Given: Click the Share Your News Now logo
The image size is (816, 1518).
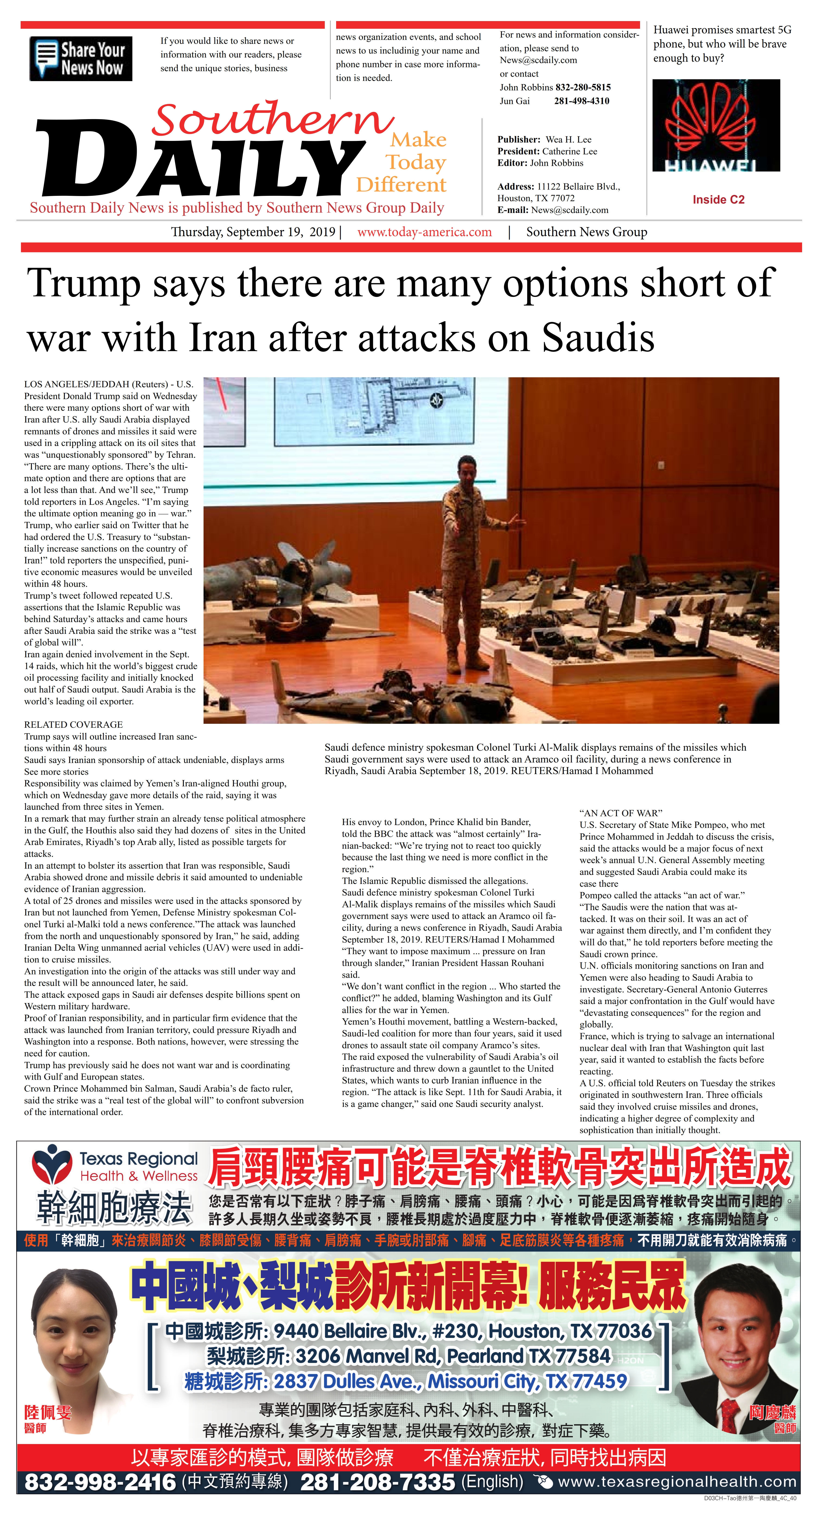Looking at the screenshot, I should pyautogui.click(x=81, y=58).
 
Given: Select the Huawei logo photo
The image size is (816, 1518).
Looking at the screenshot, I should pyautogui.click(x=716, y=126).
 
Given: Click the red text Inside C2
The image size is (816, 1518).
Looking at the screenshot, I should pyautogui.click(x=718, y=200).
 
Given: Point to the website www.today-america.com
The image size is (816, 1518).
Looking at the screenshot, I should pyautogui.click(x=424, y=232).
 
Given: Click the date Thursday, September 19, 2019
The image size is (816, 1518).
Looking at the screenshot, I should pyautogui.click(x=253, y=232).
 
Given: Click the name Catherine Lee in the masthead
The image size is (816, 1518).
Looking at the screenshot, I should pyautogui.click(x=570, y=151).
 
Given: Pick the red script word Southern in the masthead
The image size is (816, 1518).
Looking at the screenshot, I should pyautogui.click(x=271, y=119).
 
